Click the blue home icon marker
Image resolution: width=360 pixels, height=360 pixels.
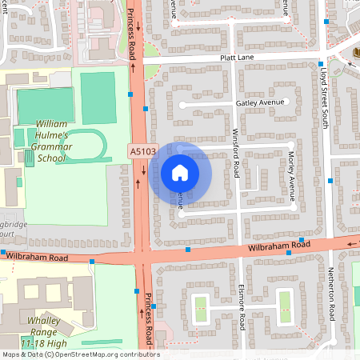coord(180,173)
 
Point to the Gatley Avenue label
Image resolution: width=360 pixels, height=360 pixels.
coord(260,104)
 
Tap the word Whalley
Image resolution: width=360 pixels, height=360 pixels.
coord(45,321)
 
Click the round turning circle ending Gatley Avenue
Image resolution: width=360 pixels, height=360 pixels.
coord(182,105)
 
